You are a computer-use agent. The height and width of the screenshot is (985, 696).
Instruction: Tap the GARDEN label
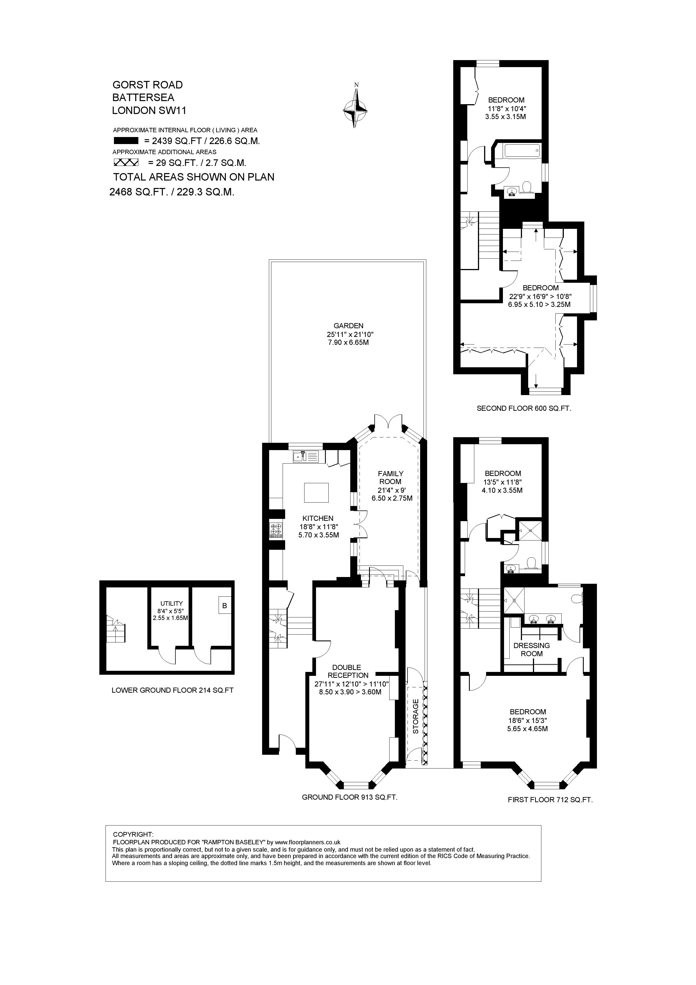click(348, 326)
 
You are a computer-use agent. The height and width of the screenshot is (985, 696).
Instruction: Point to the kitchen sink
click(305, 457)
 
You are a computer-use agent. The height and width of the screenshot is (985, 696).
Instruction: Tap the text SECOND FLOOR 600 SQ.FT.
click(524, 409)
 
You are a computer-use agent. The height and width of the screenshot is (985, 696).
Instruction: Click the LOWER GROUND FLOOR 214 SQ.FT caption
click(172, 691)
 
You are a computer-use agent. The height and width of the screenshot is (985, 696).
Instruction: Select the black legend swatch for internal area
click(126, 140)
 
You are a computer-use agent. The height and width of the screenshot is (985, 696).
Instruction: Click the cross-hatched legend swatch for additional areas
click(126, 163)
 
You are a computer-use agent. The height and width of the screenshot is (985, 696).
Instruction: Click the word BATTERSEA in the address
click(143, 97)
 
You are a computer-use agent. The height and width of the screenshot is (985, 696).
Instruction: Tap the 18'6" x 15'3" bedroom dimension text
click(527, 720)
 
